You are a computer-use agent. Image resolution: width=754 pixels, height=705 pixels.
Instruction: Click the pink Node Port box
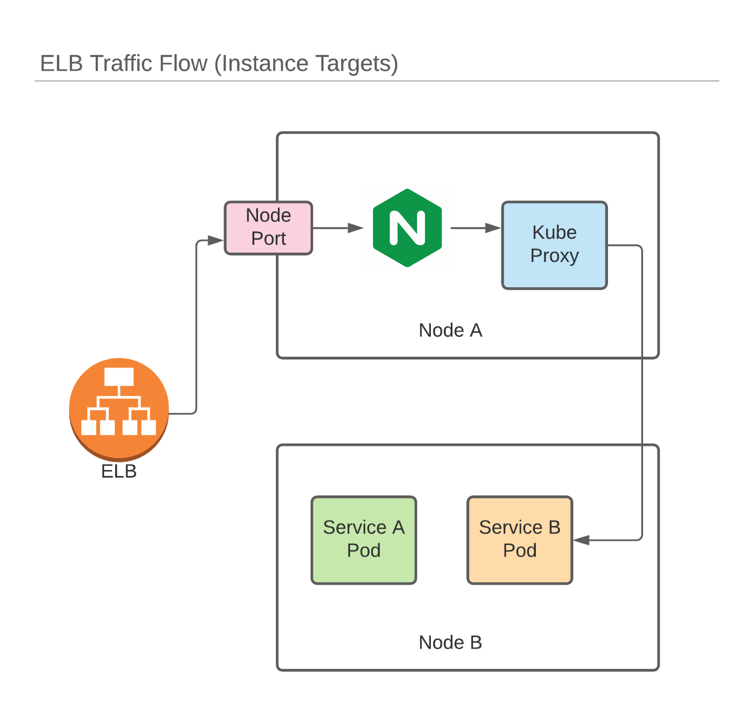(x=268, y=227)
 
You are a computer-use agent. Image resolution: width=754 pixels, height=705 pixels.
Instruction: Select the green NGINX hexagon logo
(x=407, y=227)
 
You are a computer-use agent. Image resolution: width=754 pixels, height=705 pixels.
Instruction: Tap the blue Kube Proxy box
(x=554, y=245)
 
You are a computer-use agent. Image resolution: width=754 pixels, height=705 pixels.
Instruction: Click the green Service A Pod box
(x=364, y=540)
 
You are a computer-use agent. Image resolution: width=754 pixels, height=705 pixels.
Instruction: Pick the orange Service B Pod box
(x=519, y=540)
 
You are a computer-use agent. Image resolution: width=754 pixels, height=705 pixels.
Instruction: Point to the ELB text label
(x=119, y=472)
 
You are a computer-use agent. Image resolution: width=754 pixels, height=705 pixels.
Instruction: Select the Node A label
(x=450, y=330)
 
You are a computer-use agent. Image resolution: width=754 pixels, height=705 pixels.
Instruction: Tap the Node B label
(x=450, y=642)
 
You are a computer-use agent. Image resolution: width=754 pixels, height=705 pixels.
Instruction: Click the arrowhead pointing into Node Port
(x=216, y=240)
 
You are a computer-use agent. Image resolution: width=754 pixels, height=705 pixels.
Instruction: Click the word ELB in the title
(x=61, y=64)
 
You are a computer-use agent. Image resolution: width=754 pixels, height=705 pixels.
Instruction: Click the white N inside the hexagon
(x=407, y=228)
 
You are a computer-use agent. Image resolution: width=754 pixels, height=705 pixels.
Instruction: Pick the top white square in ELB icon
(x=119, y=377)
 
